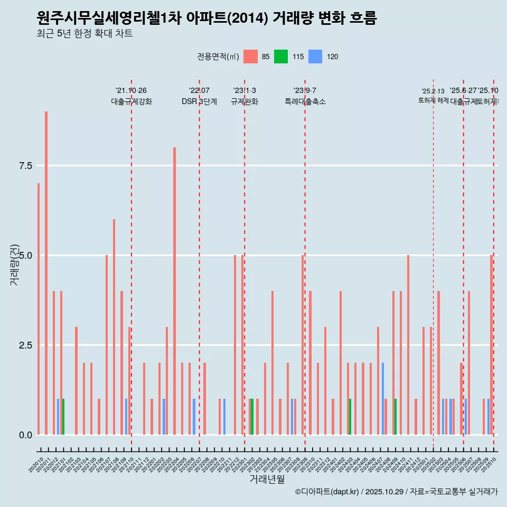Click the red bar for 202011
click(x=46, y=273)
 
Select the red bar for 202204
click(x=174, y=291)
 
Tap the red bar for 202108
click(x=114, y=327)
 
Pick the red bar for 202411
click(x=408, y=345)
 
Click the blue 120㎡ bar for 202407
click(x=383, y=399)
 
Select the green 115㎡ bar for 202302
click(x=252, y=417)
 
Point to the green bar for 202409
click(x=395, y=417)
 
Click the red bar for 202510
click(x=491, y=345)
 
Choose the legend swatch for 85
click(x=250, y=57)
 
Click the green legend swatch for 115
click(x=281, y=57)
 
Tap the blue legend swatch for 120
click(x=315, y=57)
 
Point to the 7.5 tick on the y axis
click(x=26, y=166)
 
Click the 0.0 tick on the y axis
click(x=26, y=435)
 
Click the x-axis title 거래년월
click(x=267, y=479)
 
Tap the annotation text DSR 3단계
click(x=199, y=102)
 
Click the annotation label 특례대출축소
click(x=305, y=102)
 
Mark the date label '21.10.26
click(x=131, y=90)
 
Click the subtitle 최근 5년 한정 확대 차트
click(x=84, y=34)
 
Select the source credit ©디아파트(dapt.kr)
click(x=327, y=492)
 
